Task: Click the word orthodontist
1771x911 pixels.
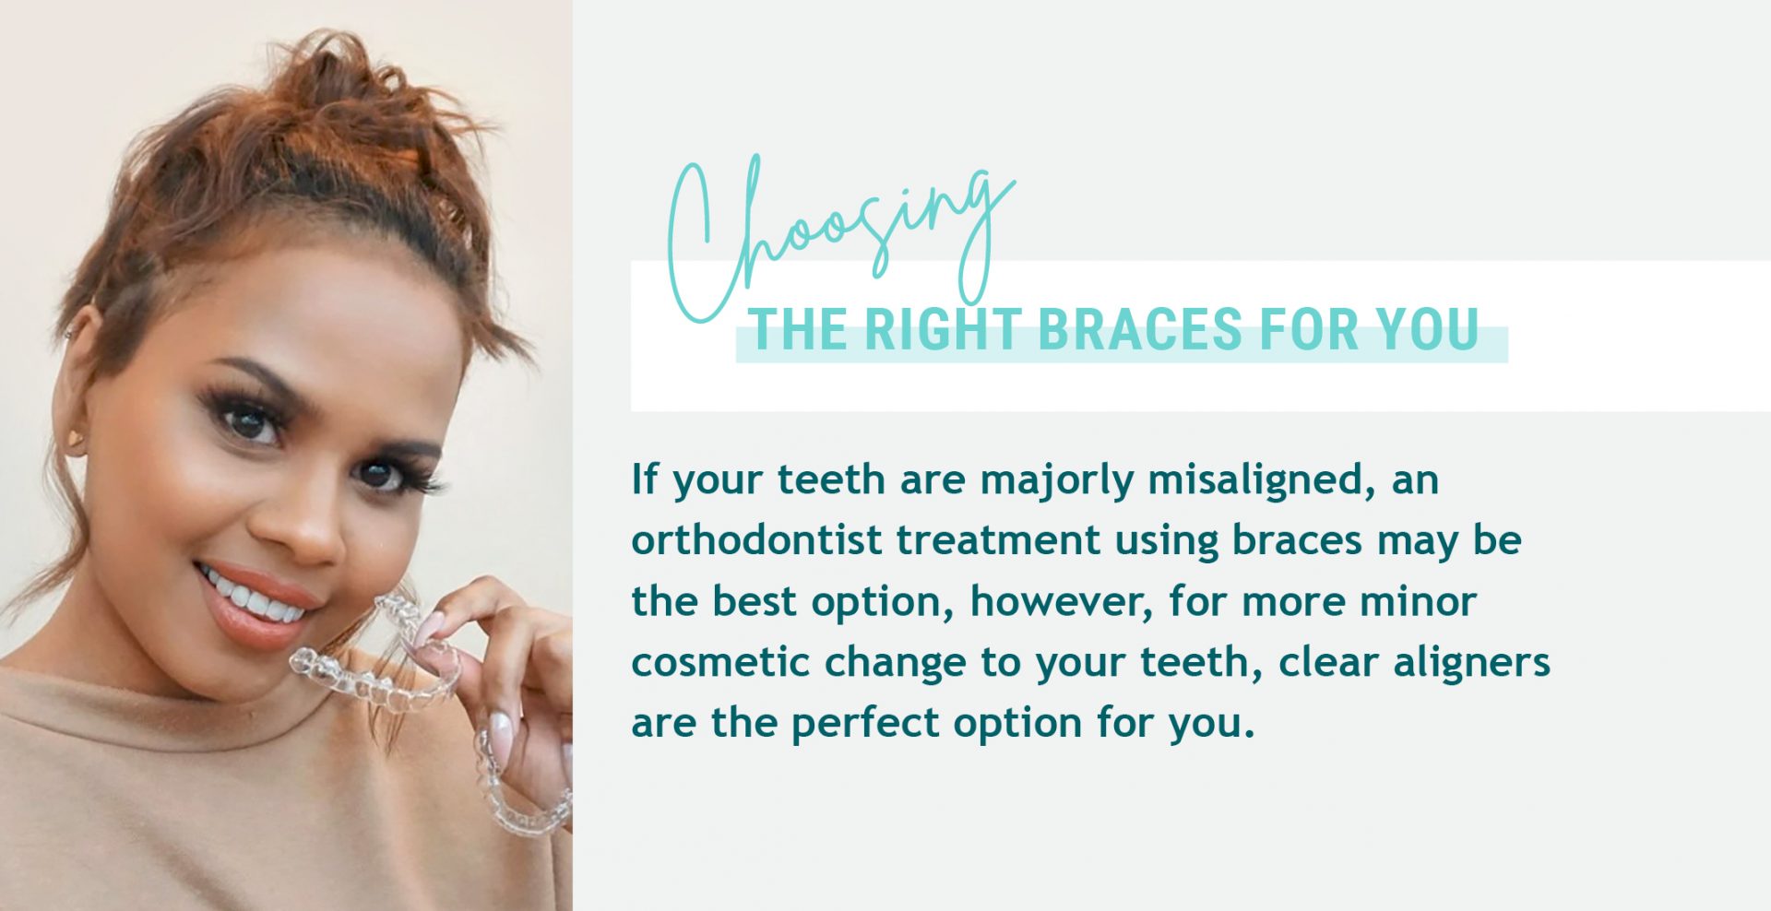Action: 756,540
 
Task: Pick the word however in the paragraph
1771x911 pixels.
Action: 1061,601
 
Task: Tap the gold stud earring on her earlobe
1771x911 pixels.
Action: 76,439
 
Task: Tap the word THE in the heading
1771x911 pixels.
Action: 798,330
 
